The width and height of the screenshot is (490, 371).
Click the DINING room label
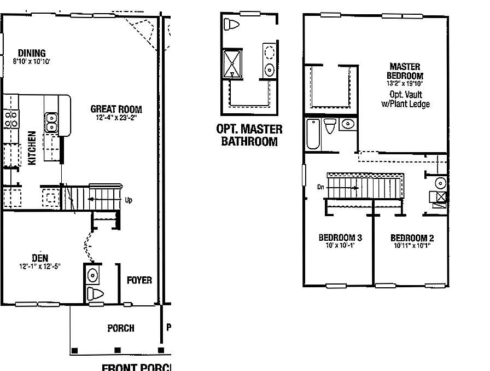pos(31,53)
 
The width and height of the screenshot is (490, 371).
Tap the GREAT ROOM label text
pos(116,109)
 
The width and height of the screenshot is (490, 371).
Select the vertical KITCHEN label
pos(32,148)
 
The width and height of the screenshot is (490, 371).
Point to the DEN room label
pos(39,258)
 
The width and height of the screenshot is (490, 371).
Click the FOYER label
pos(139,280)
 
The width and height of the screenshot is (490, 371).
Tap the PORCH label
pos(120,328)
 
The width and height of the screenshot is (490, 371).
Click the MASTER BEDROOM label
pos(405,71)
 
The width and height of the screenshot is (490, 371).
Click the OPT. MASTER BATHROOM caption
pos(249,135)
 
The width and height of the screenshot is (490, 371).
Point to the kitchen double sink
pos(52,122)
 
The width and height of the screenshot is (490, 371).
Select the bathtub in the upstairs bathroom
pos(313,134)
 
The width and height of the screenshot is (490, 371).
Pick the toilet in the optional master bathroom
pos(232,25)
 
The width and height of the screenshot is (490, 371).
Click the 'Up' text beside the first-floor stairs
pos(129,200)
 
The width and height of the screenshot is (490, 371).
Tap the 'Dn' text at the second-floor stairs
pos(320,187)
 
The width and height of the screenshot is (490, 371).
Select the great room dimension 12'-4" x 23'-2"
pos(116,117)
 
